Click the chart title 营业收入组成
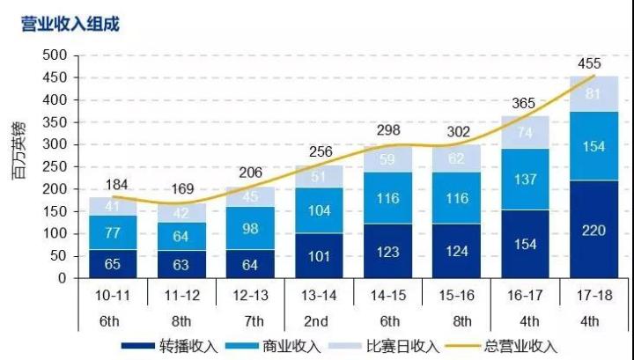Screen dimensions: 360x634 click(70, 23)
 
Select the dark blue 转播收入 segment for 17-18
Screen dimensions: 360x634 click(594, 231)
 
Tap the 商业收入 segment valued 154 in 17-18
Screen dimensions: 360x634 click(594, 146)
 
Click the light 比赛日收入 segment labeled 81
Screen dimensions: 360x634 click(594, 93)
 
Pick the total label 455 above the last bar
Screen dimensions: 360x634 click(590, 63)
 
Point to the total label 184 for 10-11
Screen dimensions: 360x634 click(117, 185)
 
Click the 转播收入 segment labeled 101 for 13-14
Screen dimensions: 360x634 click(320, 256)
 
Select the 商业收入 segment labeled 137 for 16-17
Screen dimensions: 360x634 click(526, 180)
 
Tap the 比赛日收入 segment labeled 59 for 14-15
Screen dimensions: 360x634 click(388, 160)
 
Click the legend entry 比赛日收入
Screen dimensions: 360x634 click(403, 346)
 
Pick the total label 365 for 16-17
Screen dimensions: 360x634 click(524, 104)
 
